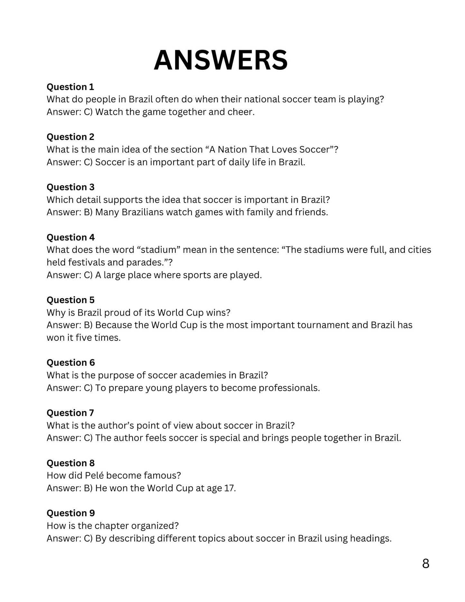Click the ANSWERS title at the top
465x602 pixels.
click(x=221, y=60)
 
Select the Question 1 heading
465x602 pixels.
click(x=70, y=87)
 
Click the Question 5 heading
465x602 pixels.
click(x=70, y=300)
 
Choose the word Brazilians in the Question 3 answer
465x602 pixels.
click(x=142, y=212)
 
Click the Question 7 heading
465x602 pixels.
click(x=70, y=413)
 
